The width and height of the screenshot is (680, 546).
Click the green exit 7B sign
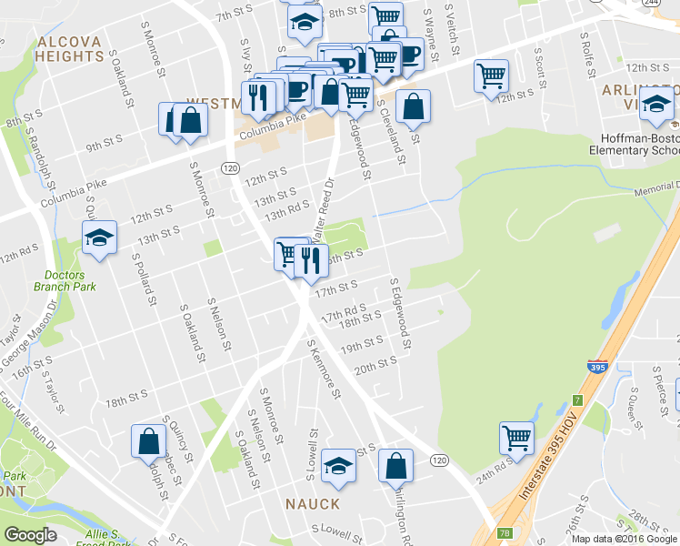(504, 532)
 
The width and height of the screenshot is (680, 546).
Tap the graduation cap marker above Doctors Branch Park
(100, 238)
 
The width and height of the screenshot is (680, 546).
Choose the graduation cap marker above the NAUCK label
(338, 465)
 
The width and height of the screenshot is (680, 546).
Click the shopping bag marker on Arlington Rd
(396, 465)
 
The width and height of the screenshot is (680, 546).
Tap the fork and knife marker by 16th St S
(313, 259)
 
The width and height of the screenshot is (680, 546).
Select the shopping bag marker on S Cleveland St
(413, 106)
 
